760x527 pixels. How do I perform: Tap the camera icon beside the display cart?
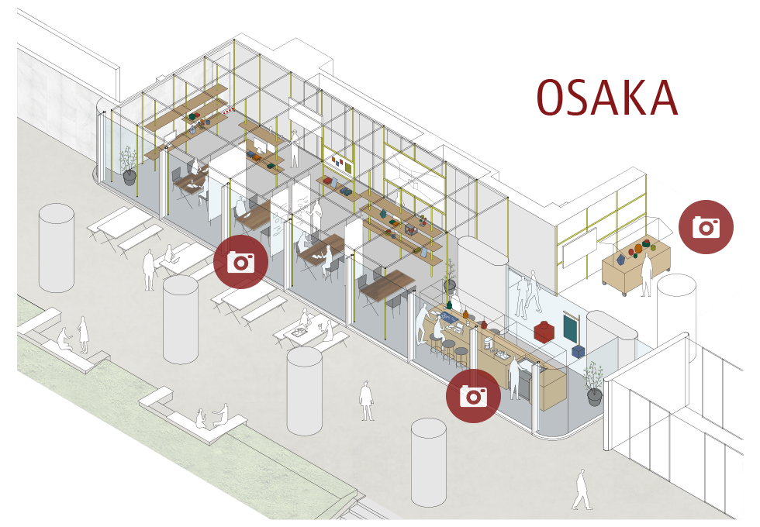tap(706, 226)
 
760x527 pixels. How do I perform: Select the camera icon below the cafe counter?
tap(473, 396)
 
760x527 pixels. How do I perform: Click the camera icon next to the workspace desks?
tap(241, 262)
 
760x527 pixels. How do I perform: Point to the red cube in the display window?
tap(544, 331)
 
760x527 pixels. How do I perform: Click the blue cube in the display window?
tap(577, 350)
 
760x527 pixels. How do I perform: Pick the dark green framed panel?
tap(571, 327)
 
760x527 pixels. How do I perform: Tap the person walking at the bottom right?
tap(581, 489)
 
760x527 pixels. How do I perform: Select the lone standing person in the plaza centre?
tap(366, 401)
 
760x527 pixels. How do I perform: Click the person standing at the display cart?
tap(647, 275)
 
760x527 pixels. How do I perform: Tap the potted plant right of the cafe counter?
tap(594, 384)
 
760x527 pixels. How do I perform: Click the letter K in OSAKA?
tap(632, 98)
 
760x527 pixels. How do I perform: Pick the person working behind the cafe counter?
tap(514, 377)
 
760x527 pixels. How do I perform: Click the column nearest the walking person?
tap(428, 463)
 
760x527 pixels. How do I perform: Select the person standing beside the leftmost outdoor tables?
tap(149, 270)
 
